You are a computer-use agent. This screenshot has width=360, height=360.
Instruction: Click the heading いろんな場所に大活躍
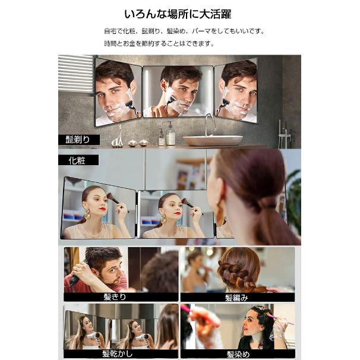[x=178, y=14]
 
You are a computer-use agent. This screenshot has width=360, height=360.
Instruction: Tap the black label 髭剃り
[x=79, y=140]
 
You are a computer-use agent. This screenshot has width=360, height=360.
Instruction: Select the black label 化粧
[x=78, y=160]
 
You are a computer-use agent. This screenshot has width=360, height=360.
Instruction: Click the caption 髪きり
[x=115, y=297]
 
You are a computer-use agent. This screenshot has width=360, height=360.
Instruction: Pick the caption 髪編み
[x=236, y=298]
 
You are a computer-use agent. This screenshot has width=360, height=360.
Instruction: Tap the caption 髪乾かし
[x=117, y=354]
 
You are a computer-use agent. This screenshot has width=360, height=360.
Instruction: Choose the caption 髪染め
[x=238, y=354]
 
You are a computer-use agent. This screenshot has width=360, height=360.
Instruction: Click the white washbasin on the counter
[x=213, y=140]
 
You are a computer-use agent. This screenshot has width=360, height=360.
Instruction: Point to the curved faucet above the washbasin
[x=210, y=124]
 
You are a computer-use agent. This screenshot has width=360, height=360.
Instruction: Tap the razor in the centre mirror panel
[x=170, y=99]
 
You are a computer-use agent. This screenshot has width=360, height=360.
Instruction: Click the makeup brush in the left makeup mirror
[x=113, y=198]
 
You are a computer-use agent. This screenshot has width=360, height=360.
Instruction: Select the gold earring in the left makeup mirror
[x=87, y=214]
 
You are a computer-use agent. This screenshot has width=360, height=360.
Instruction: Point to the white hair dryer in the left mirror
[x=93, y=336]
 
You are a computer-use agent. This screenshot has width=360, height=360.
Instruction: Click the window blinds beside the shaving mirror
[x=75, y=73]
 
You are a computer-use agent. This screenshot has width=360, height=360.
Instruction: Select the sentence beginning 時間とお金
[x=159, y=43]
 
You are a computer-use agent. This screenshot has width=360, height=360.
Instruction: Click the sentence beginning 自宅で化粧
[x=184, y=31]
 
